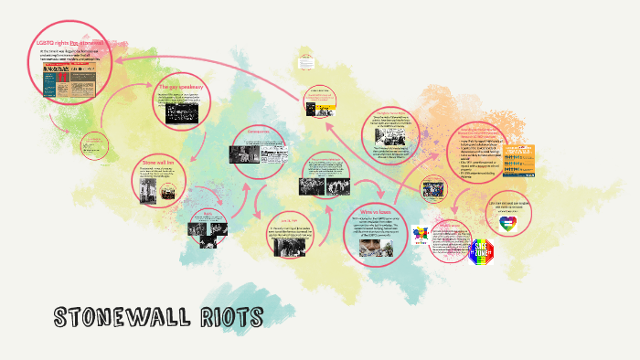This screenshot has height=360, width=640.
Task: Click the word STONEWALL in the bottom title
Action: point(125,317)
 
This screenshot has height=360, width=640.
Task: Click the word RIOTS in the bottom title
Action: point(230,317)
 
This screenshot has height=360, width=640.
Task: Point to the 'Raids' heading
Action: point(207,213)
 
